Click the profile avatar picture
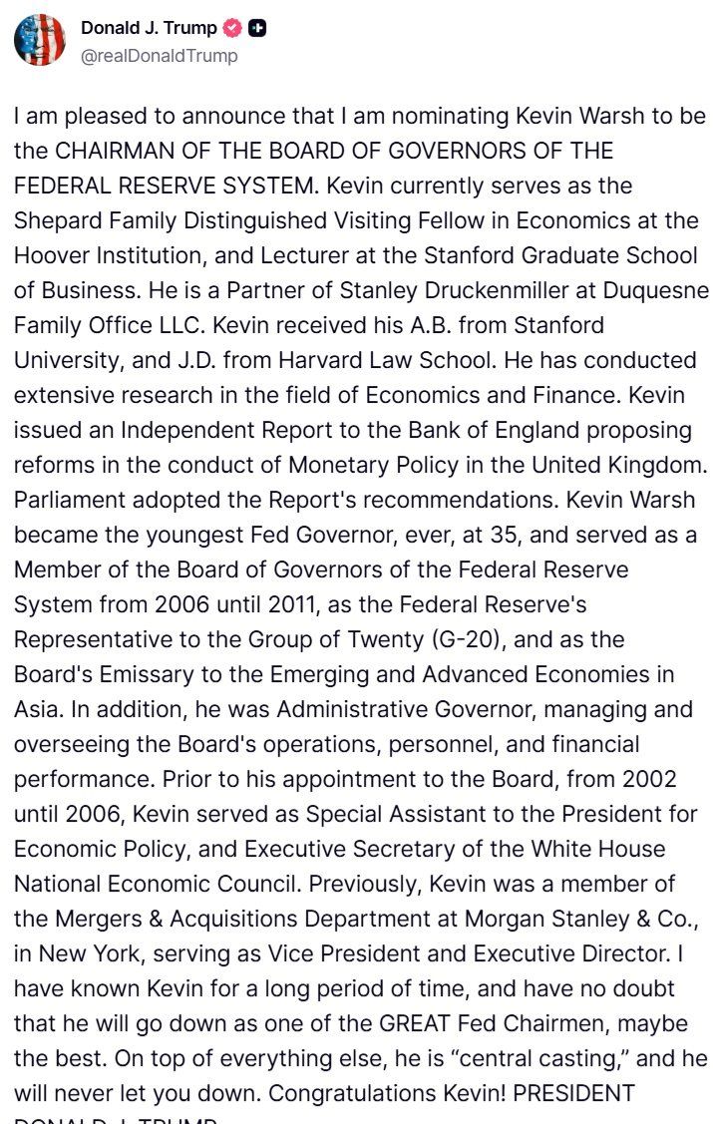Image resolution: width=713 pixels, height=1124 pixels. [40, 40]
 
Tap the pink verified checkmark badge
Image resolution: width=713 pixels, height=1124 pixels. [232, 29]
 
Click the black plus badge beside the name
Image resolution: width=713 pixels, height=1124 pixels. [256, 29]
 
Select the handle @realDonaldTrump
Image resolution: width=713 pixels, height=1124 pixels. [160, 56]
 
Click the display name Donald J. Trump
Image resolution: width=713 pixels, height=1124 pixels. [149, 29]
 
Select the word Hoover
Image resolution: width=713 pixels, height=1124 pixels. [51, 255]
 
